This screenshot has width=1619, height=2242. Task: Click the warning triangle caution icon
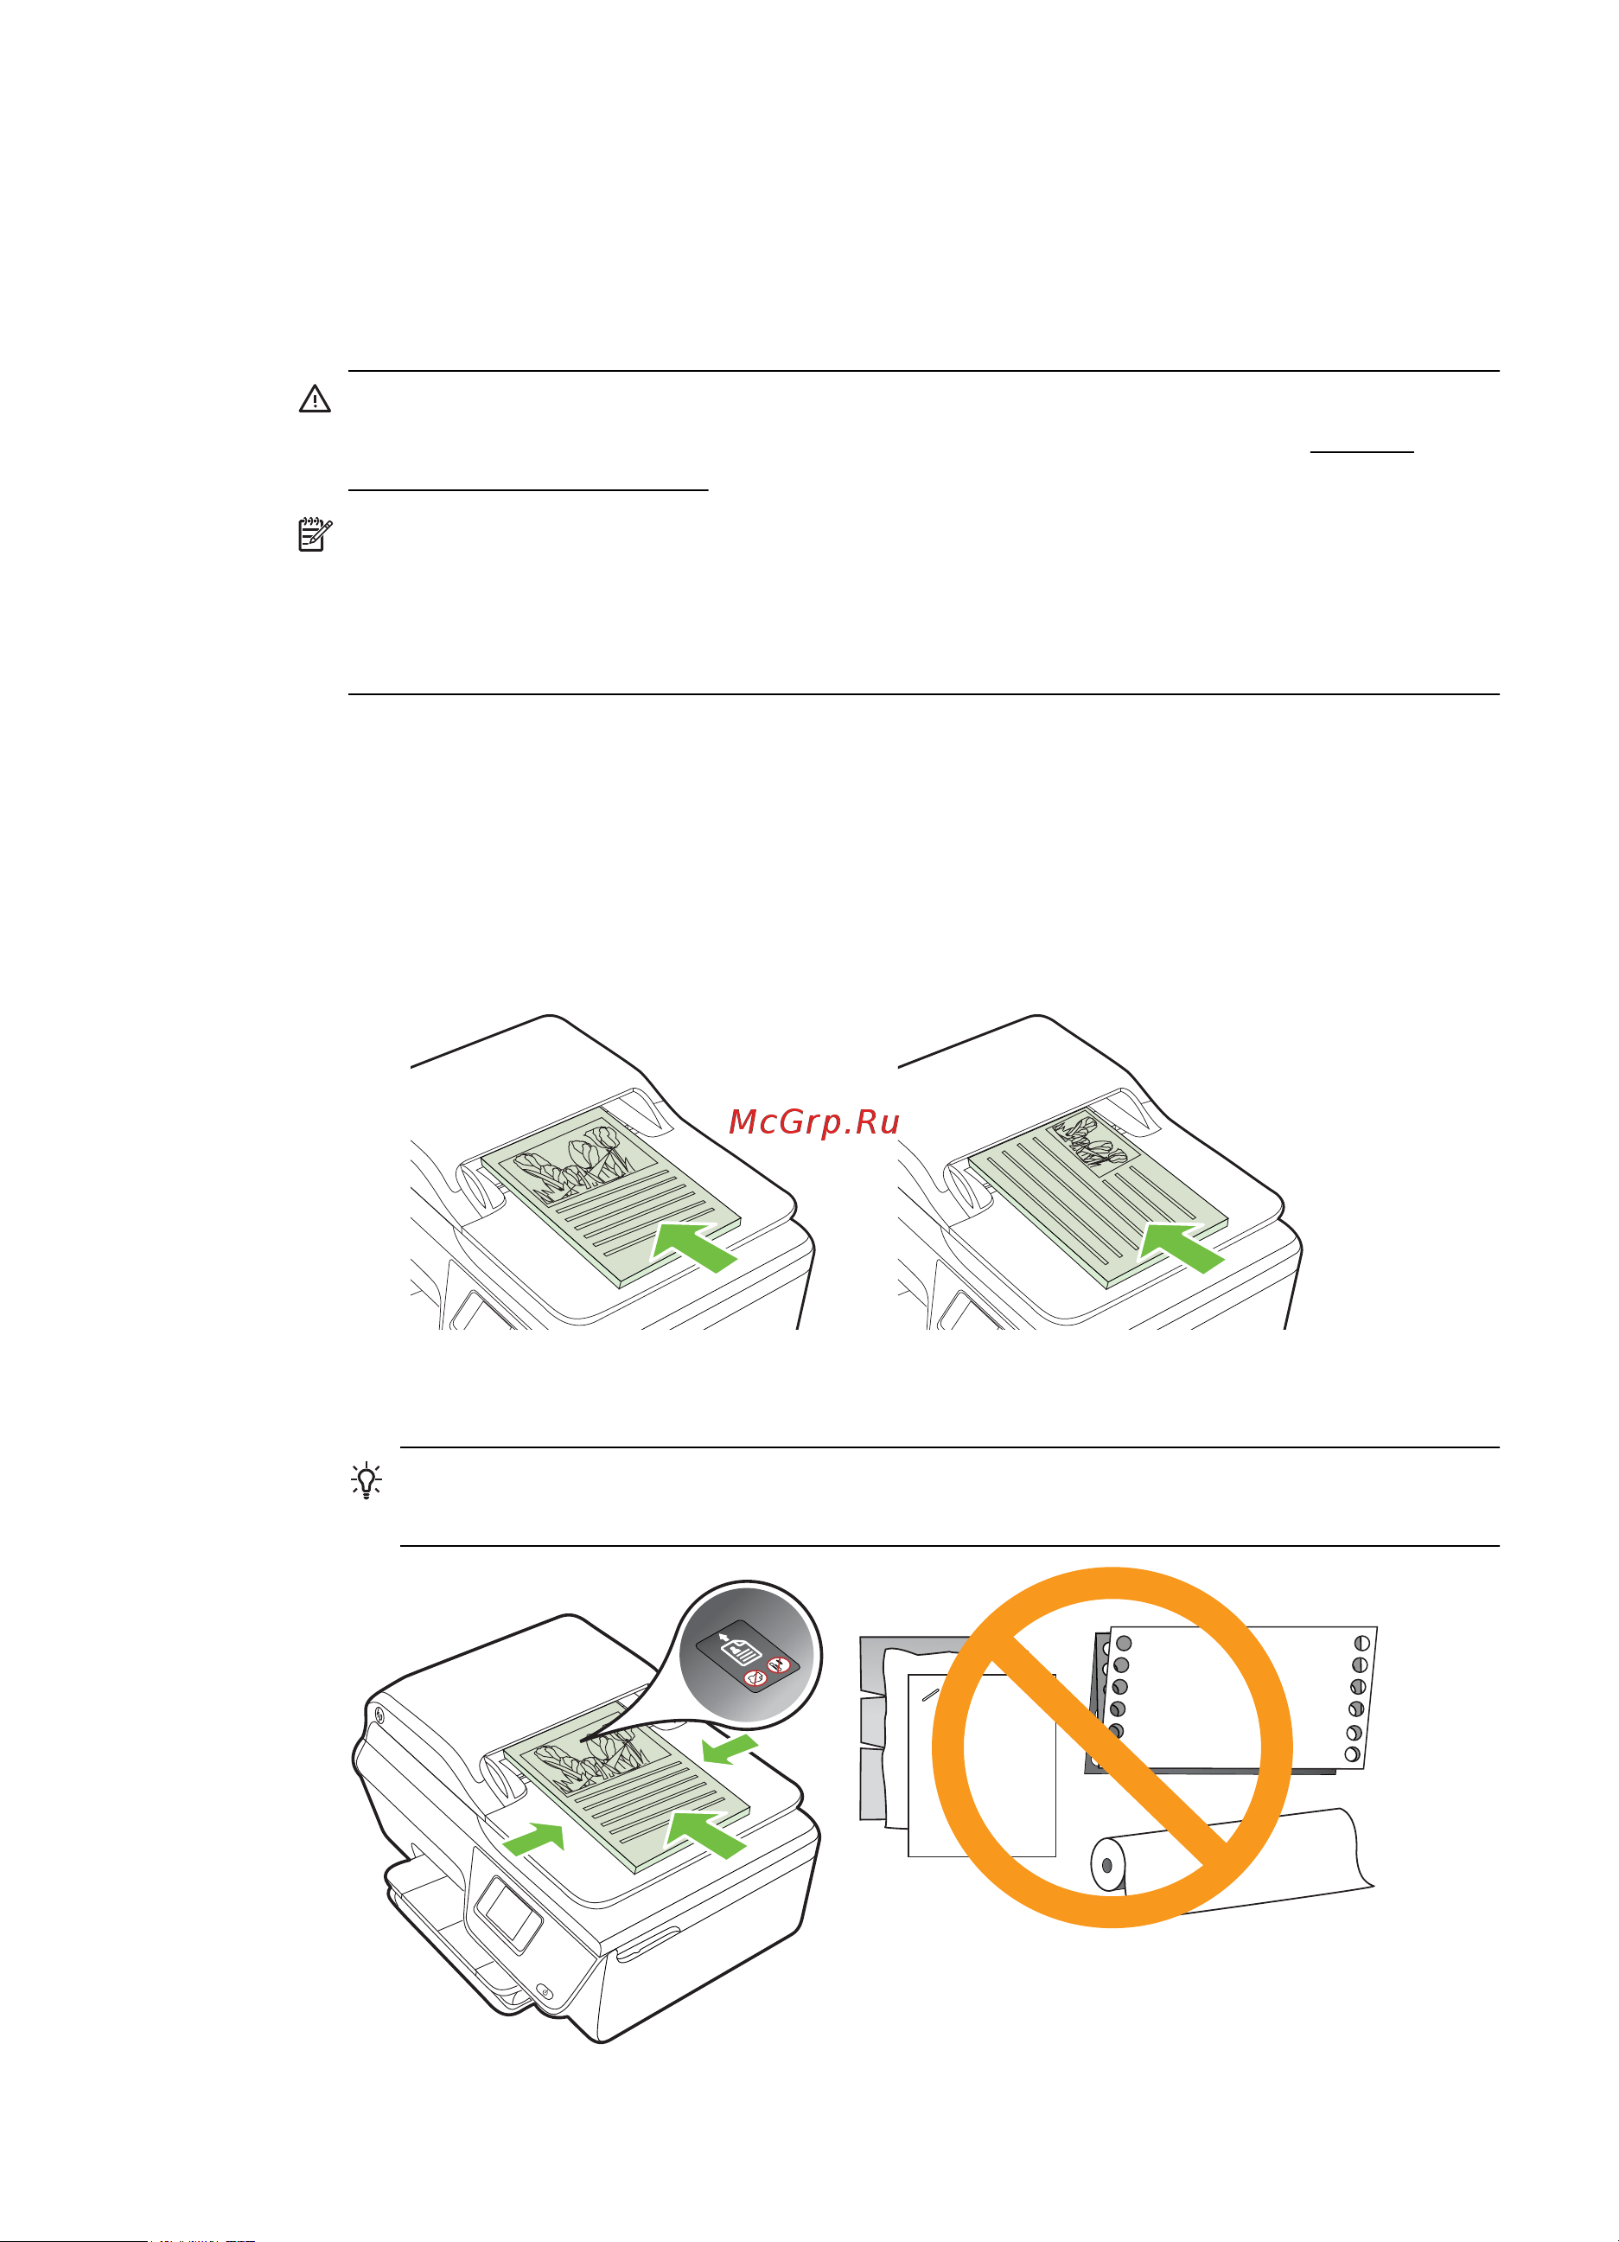coord(315,399)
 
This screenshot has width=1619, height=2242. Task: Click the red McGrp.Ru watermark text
coord(813,1122)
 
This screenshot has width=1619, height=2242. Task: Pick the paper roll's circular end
coord(1107,1865)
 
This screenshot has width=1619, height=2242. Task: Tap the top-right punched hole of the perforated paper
coord(1362,1643)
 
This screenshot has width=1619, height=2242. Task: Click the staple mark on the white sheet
coord(930,1693)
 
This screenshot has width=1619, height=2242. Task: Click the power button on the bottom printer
coord(542,1990)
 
